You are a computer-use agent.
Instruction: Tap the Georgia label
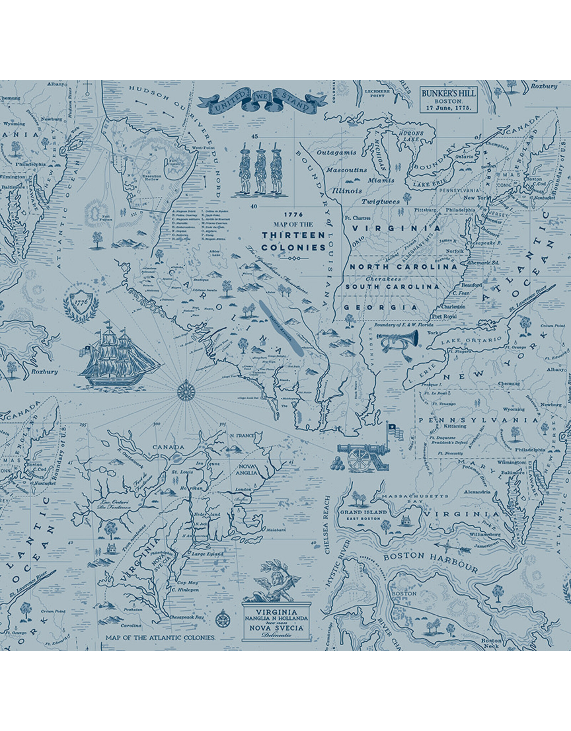[380, 307]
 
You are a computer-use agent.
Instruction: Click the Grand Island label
[363, 512]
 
